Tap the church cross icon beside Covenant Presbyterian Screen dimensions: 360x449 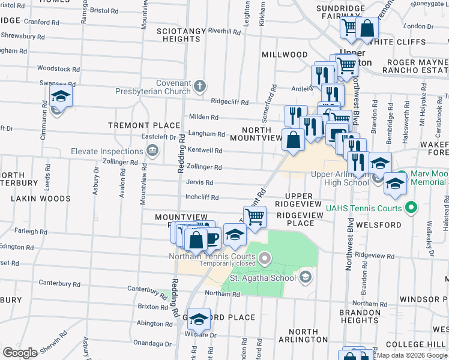[200, 84]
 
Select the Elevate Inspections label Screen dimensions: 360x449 [108, 151]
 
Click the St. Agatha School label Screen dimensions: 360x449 [263, 277]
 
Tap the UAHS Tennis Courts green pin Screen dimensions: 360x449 [411, 209]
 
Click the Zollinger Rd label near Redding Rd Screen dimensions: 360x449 [204, 167]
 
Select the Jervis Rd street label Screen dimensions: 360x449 [200, 182]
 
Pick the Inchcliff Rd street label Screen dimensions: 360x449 [202, 197]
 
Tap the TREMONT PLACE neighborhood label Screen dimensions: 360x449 [144, 125]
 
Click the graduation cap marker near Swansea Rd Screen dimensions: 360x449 [61, 96]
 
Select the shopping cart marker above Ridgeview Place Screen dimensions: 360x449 [255, 216]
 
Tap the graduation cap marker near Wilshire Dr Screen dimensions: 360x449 [199, 319]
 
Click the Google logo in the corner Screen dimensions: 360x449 [20, 352]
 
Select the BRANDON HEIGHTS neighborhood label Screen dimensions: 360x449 [359, 316]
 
